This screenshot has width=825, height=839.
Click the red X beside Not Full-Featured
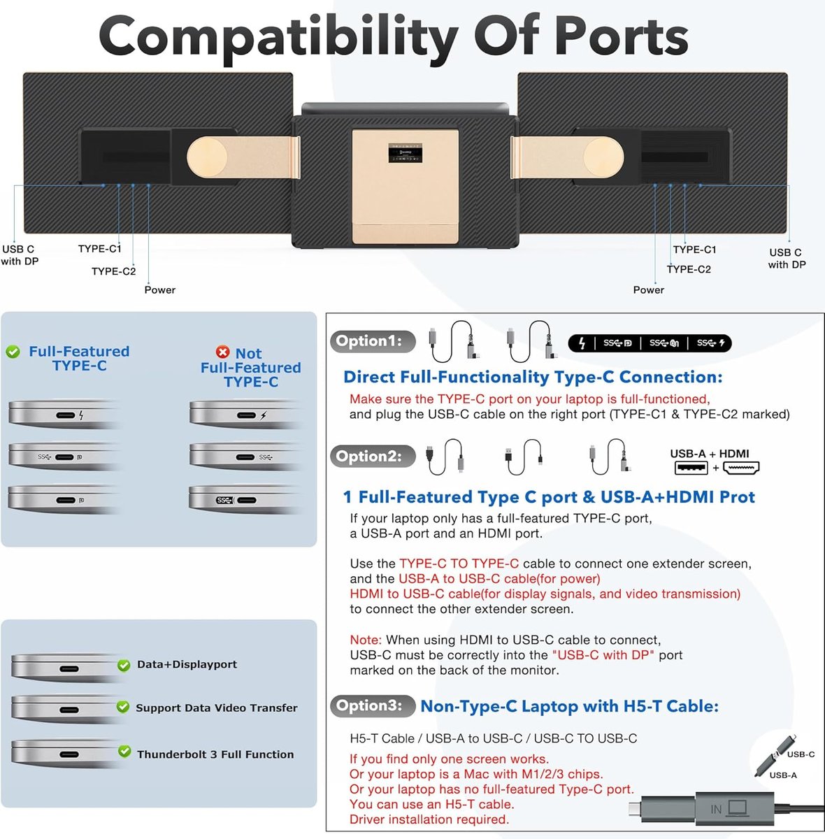coord(222,352)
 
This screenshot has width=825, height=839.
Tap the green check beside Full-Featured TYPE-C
coord(13,352)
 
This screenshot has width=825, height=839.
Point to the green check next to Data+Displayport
coord(124,665)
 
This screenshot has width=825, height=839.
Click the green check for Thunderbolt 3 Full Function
coord(124,752)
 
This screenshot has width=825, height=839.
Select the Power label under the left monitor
coord(159,289)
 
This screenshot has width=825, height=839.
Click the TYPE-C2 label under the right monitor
coord(689,269)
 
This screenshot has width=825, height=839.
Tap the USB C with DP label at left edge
coord(19,255)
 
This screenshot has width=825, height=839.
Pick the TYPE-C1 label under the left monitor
coord(99,248)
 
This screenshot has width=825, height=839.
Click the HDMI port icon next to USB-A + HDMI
coord(740,468)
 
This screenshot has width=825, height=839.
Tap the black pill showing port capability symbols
coord(650,343)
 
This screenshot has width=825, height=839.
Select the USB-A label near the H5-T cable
coord(783,775)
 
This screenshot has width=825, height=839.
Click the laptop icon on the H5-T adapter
coord(737,808)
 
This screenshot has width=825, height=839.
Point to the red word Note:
coord(366,640)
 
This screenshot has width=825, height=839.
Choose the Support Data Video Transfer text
coord(217,708)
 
